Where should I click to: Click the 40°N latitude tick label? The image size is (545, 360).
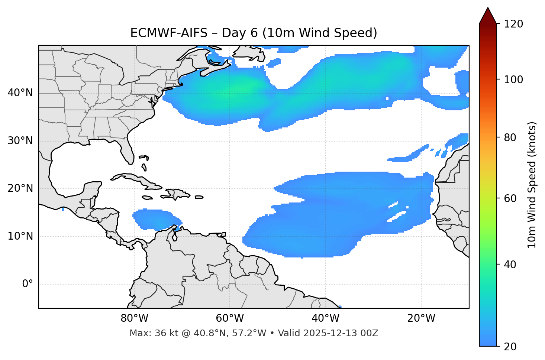pyautogui.click(x=20, y=93)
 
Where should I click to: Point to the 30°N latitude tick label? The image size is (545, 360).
pyautogui.click(x=20, y=141)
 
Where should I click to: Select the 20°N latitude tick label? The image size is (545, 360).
pyautogui.click(x=20, y=188)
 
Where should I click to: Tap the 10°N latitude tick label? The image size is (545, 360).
pyautogui.click(x=20, y=236)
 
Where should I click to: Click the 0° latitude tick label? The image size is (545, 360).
pyautogui.click(x=28, y=284)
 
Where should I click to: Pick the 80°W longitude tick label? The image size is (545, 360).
pyautogui.click(x=134, y=318)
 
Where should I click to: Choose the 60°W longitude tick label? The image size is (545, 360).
pyautogui.click(x=230, y=318)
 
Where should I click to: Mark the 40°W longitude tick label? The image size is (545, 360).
pyautogui.click(x=325, y=318)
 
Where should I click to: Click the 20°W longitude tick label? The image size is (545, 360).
pyautogui.click(x=421, y=318)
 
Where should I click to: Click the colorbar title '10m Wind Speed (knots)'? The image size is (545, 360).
pyautogui.click(x=532, y=185)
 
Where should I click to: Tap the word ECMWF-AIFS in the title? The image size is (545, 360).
pyautogui.click(x=169, y=33)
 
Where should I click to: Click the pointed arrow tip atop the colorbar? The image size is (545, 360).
pyautogui.click(x=488, y=9)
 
